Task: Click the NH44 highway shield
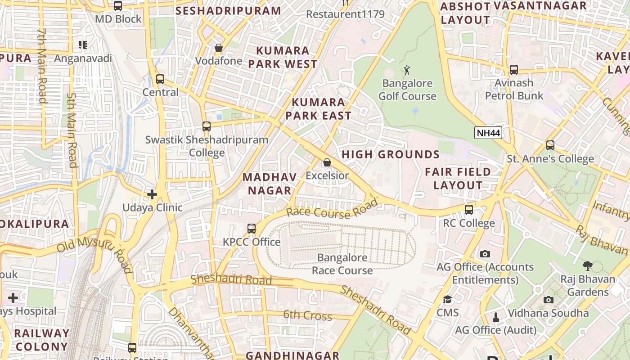click(488, 133)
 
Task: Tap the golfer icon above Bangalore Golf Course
click(407, 70)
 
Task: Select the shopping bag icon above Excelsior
click(327, 162)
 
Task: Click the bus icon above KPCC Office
click(252, 229)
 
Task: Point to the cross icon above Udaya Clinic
click(152, 194)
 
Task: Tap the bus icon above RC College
click(469, 210)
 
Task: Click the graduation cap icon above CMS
click(447, 300)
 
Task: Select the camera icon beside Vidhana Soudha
click(548, 300)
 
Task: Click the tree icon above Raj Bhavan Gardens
click(587, 266)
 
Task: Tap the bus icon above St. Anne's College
click(550, 145)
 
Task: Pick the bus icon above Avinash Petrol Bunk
click(513, 70)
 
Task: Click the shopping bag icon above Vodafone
click(219, 48)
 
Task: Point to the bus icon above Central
click(160, 79)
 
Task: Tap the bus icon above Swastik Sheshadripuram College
click(207, 126)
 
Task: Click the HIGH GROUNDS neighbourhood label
click(391, 154)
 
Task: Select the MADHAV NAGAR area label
click(270, 184)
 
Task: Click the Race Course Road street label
click(332, 210)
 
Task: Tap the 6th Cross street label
click(307, 315)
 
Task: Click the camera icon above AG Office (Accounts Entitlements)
click(485, 254)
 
